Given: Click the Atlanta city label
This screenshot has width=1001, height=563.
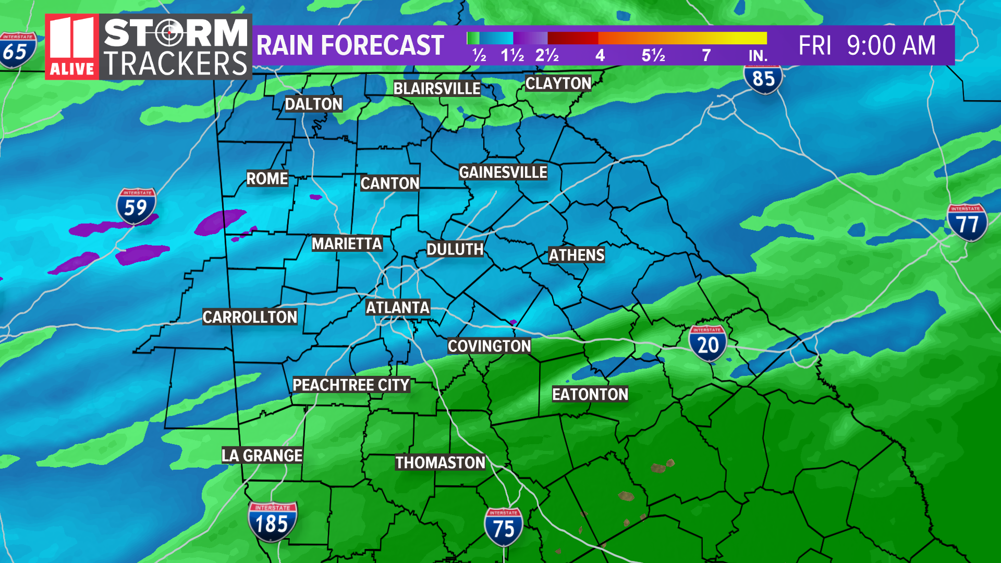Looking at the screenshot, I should pyautogui.click(x=397, y=308).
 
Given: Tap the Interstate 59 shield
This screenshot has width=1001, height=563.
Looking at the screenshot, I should pyautogui.click(x=136, y=206).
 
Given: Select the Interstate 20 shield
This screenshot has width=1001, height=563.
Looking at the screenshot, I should pyautogui.click(x=707, y=343).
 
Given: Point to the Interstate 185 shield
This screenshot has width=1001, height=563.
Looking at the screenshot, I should pyautogui.click(x=272, y=521).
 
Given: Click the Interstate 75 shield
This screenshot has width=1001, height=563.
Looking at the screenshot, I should pyautogui.click(x=503, y=527).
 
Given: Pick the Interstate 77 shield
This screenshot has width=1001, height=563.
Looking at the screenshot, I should pyautogui.click(x=967, y=223).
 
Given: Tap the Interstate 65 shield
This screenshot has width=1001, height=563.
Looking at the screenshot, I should pyautogui.click(x=17, y=51).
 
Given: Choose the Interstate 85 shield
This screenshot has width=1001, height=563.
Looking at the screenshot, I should pyautogui.click(x=763, y=79).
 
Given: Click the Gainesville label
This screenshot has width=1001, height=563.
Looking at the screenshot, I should pyautogui.click(x=503, y=172).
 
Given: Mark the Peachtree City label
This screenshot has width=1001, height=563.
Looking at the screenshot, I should pyautogui.click(x=351, y=385).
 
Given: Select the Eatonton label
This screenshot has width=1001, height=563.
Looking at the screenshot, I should pyautogui.click(x=590, y=394).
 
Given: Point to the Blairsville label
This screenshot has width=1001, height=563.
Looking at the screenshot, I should pyautogui.click(x=436, y=89).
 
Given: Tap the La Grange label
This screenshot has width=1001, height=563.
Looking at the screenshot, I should pyautogui.click(x=262, y=455).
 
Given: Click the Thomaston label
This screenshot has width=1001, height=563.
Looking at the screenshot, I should pyautogui.click(x=440, y=462).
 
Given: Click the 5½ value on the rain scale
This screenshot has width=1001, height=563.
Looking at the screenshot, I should pyautogui.click(x=653, y=55).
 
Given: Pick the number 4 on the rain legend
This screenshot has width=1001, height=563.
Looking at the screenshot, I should pyautogui.click(x=600, y=55).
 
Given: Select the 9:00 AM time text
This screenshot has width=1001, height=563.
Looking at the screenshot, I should pyautogui.click(x=891, y=45).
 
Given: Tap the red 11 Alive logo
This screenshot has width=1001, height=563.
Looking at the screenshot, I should pyautogui.click(x=72, y=47).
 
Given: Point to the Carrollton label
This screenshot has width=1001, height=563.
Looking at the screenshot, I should pyautogui.click(x=250, y=317).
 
